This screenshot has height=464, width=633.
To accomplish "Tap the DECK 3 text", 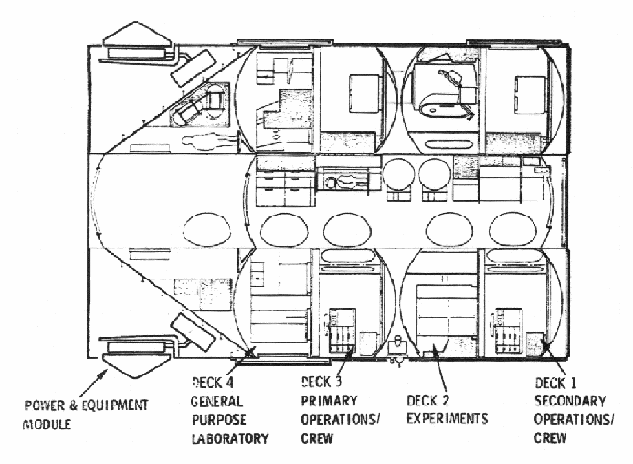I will pos(324,381).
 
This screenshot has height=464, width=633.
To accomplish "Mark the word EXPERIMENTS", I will pos(447,418).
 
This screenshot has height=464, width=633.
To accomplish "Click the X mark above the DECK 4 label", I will pos(250,354).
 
